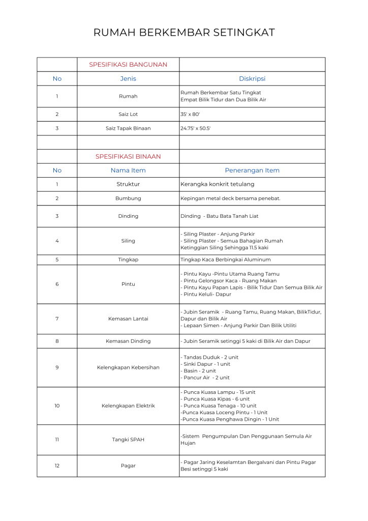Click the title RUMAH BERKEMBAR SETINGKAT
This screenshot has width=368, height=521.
184,33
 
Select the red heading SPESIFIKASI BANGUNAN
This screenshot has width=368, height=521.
128,65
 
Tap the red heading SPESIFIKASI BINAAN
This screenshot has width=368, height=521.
128,156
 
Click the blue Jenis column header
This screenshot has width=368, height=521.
128,79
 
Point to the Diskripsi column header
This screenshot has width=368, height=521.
252,79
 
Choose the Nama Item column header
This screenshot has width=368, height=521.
128,170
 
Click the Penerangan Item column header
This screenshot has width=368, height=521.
252,170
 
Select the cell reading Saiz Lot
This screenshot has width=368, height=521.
128,114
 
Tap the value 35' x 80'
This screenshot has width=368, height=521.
190,114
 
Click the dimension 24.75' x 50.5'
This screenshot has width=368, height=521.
196,128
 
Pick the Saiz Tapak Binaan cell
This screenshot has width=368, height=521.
128,128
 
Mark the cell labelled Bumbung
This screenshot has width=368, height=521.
128,198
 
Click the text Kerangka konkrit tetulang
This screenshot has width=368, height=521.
218,184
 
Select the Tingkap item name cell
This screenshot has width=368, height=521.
128,259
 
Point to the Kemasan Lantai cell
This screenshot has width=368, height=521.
128,319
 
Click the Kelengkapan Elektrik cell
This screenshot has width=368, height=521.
128,406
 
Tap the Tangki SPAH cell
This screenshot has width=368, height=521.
128,440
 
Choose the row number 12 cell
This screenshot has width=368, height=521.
57,466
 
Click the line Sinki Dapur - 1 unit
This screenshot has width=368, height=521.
206,364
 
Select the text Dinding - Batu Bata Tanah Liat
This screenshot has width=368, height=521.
220,216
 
